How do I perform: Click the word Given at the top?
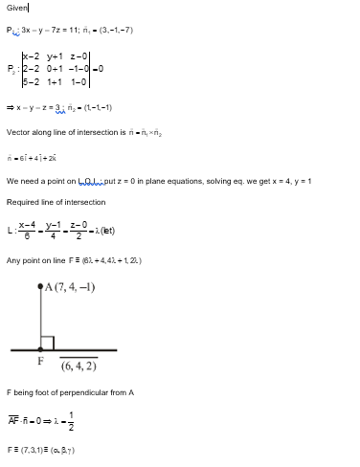click(17, 8)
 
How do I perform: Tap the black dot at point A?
click(40, 286)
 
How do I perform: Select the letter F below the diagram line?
click(40, 362)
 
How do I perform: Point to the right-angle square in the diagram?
click(47, 343)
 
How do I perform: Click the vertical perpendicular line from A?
click(40, 316)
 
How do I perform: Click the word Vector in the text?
click(19, 136)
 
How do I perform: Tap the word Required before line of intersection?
click(23, 202)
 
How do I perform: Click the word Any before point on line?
click(13, 259)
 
